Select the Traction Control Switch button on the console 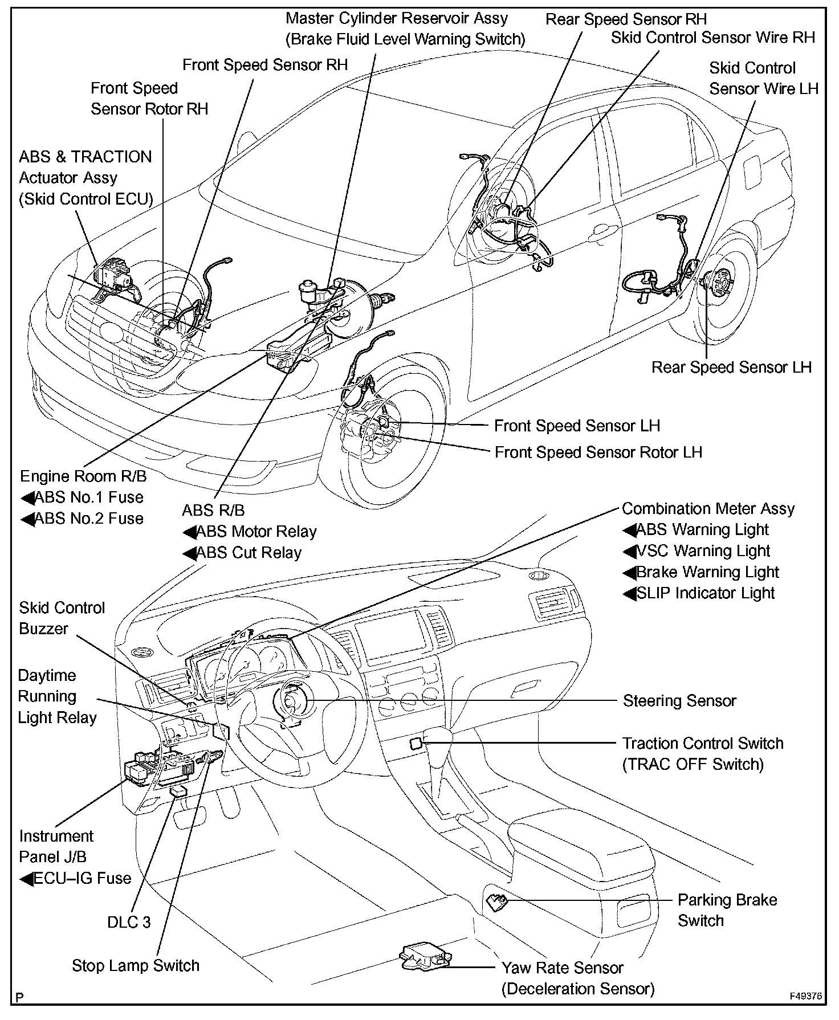tap(416, 743)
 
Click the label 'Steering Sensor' tap(679, 700)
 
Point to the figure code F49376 tap(806, 997)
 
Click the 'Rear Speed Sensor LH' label tap(731, 367)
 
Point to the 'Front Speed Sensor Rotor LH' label tap(598, 452)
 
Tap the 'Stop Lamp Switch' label tap(136, 965)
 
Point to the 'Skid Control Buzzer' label tap(62, 618)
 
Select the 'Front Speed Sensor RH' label tap(265, 65)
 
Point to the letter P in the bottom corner tap(21, 997)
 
